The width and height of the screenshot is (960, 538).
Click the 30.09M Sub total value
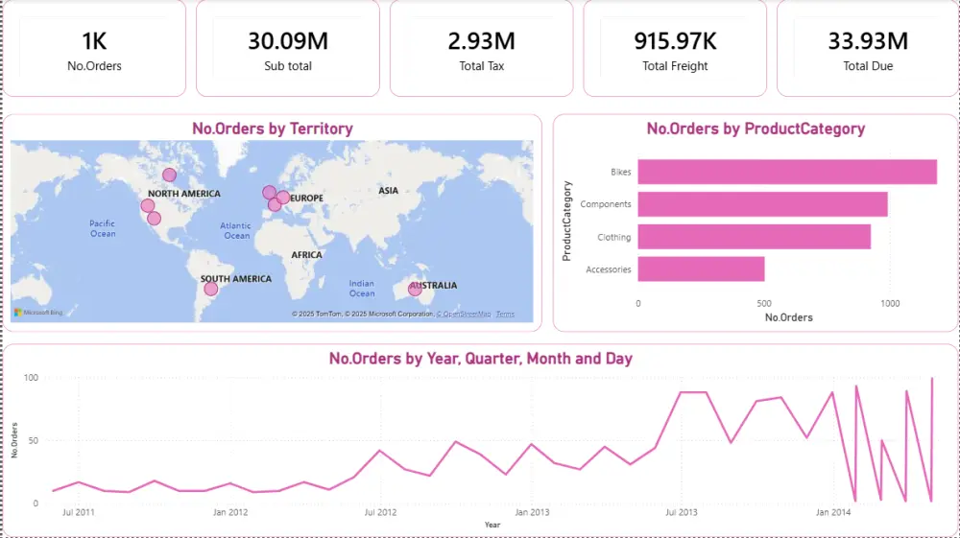[x=288, y=41]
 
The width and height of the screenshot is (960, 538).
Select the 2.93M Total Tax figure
[x=481, y=41]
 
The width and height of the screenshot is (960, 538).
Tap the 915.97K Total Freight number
[x=675, y=41]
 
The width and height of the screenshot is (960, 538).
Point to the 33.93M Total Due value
[x=868, y=41]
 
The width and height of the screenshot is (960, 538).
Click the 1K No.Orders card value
[x=94, y=41]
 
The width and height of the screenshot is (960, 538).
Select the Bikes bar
[x=786, y=172]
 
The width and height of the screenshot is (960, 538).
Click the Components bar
[x=762, y=204]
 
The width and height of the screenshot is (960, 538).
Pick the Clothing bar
[x=754, y=237]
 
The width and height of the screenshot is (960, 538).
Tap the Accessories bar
[x=701, y=269]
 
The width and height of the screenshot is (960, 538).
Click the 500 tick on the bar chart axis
[x=764, y=304]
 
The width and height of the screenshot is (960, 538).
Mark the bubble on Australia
[x=415, y=288]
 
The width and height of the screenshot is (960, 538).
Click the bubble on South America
[x=211, y=289]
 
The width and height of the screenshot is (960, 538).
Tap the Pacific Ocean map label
[x=103, y=228]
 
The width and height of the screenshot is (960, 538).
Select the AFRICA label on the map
[x=307, y=255]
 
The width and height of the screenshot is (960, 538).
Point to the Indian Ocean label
[x=362, y=288]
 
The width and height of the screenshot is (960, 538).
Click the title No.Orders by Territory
[x=273, y=129]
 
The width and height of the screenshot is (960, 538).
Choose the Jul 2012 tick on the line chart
[x=381, y=512]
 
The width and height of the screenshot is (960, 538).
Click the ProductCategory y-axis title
[x=566, y=221]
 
